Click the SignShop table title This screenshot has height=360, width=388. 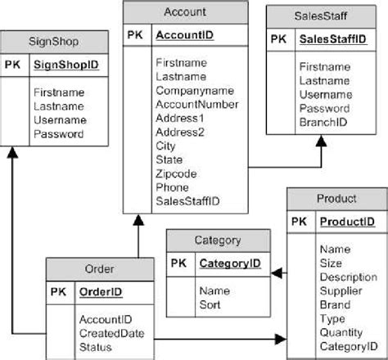coord(54,41)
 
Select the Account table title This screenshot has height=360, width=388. coord(185,12)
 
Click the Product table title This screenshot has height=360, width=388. coord(336,199)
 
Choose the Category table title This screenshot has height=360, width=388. coord(218,241)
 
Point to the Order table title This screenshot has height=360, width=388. coord(99,269)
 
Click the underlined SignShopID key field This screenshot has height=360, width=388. coord(65,62)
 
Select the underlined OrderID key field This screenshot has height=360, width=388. coord(101,291)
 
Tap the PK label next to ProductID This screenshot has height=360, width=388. coord(300,221)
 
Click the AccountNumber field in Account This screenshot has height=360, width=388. coord(196,104)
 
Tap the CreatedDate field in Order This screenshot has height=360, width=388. coord(111,333)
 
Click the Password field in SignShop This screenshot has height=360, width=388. coord(58,133)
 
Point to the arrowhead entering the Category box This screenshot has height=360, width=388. coord(277,272)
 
